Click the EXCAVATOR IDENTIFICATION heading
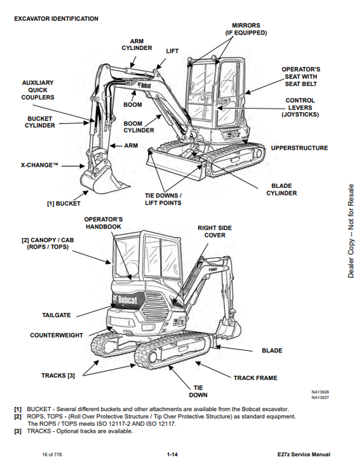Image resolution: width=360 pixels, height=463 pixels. click(x=56, y=19)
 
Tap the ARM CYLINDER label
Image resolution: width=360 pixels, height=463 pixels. click(x=136, y=45)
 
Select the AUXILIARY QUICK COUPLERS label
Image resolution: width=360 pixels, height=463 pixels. click(x=38, y=90)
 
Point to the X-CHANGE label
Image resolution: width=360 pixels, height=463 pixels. click(x=39, y=165)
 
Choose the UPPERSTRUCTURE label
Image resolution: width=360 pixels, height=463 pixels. click(x=299, y=148)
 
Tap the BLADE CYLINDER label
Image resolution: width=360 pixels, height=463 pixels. click(x=282, y=189)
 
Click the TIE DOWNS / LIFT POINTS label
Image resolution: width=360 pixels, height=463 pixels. click(x=163, y=199)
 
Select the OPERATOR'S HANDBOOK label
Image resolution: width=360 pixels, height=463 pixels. click(x=103, y=223)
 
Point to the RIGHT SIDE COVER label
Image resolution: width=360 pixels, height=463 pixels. click(x=215, y=231)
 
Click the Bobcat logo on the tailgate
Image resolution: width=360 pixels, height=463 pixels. click(x=125, y=300)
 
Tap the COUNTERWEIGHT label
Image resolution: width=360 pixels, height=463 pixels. click(x=56, y=335)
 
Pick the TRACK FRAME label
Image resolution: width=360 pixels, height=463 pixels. click(x=255, y=378)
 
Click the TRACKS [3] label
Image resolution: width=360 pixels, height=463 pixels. click(x=58, y=375)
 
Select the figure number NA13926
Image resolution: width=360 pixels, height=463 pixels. click(x=320, y=392)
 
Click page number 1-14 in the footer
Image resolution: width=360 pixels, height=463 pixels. click(x=172, y=454)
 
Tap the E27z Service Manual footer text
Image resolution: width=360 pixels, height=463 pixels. click(x=304, y=454)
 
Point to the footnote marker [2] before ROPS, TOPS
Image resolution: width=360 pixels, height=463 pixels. click(x=18, y=416)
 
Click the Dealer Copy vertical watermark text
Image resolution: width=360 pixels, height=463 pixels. click(x=351, y=231)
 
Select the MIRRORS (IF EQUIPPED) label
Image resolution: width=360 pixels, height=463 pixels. click(x=246, y=29)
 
